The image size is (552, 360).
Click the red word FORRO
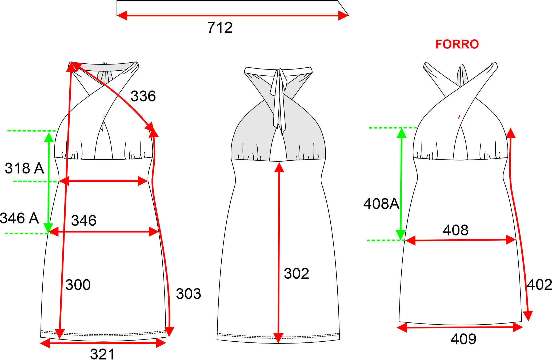coord(457,44)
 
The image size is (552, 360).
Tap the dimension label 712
coord(220,27)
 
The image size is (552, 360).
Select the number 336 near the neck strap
coord(143,96)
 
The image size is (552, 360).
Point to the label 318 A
coord(24,168)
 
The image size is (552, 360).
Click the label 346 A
coord(19,218)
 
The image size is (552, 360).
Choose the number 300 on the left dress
coord(78,285)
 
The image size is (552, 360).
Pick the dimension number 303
coord(188,294)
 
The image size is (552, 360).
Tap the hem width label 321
coord(102,354)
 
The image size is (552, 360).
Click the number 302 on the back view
coord(296,273)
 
